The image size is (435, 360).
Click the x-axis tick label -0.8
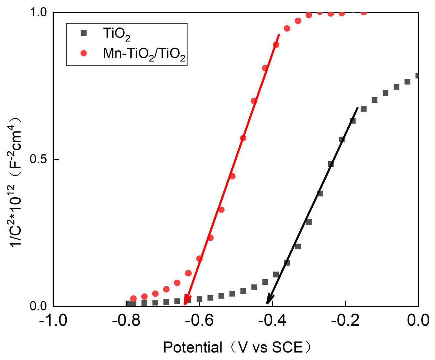[x=126, y=320]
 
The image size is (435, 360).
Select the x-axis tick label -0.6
[x=199, y=320]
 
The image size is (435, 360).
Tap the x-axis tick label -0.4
[x=272, y=320]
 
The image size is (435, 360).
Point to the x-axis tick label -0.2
[x=345, y=320]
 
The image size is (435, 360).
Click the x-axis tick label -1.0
[x=53, y=320]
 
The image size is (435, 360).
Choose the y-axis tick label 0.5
[x=38, y=159]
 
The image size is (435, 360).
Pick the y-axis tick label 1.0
[x=38, y=12]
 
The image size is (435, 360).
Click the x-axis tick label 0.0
[x=418, y=320]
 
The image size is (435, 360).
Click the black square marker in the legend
[x=84, y=33]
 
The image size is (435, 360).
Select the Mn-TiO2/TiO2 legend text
[x=144, y=54]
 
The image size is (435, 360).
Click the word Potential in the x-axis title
[x=193, y=347]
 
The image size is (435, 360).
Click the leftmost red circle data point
[x=133, y=298]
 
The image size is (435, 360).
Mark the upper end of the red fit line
[x=279, y=34]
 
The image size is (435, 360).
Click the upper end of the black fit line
[x=358, y=107]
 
